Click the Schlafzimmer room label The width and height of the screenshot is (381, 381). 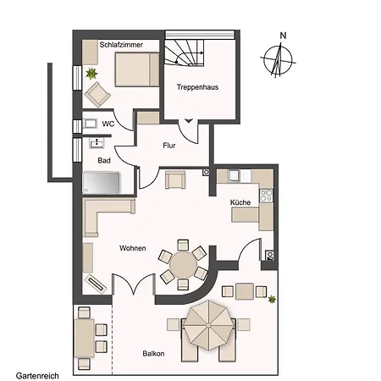click(121, 45)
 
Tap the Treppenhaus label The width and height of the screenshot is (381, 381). click(197, 87)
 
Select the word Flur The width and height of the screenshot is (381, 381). click(169, 146)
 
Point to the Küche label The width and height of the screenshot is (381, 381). click(240, 202)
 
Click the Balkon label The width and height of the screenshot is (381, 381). click(153, 354)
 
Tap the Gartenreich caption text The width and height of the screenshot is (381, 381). click(37, 376)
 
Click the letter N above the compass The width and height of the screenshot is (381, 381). click(283, 36)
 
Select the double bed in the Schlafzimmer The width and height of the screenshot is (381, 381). click(137, 69)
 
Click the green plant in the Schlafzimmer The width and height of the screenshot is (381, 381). click(91, 74)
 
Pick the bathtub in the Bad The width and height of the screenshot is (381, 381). click(102, 183)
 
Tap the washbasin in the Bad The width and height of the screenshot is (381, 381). click(97, 143)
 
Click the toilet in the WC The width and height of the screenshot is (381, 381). click(91, 124)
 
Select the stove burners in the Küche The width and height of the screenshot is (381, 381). click(266, 195)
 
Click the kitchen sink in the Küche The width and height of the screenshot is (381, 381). click(234, 175)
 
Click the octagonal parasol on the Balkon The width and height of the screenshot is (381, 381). click(208, 325)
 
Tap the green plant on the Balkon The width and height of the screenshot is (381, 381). click(272, 299)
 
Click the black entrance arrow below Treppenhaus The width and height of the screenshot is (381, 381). click(189, 121)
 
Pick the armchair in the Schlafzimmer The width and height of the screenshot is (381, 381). click(97, 95)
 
